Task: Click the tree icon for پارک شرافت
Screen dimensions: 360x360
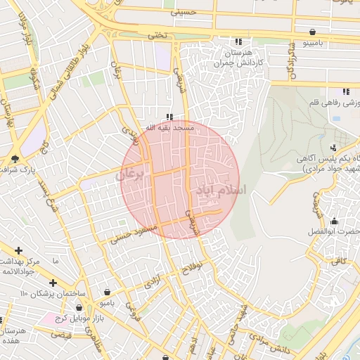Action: [15, 158]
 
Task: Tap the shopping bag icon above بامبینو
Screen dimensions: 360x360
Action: [311, 32]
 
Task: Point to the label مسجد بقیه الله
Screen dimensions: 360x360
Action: [169, 128]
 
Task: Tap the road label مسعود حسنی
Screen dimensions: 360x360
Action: [132, 234]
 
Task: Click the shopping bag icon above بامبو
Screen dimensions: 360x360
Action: [106, 292]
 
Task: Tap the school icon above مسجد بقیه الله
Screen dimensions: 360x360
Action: [169, 117]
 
